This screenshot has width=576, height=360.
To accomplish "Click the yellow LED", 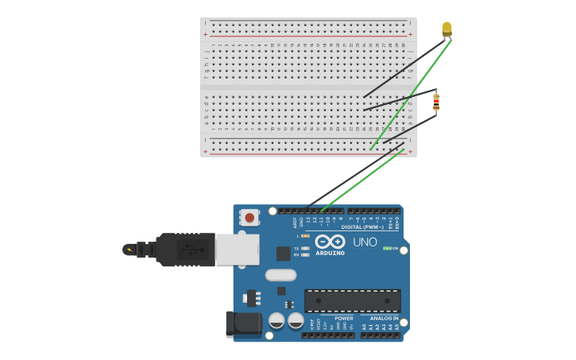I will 446,29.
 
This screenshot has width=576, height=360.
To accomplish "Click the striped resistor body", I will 436,103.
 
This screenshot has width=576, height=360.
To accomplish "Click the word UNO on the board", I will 365,242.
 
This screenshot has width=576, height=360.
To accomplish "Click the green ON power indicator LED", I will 386,248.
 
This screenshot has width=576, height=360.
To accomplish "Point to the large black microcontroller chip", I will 352,300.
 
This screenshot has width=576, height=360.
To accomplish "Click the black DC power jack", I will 243,323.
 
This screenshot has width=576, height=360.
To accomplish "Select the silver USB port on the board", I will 238,249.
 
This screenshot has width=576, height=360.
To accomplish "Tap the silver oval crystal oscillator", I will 280,275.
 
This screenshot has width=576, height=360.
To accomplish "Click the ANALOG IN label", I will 384,318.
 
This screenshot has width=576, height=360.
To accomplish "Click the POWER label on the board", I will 343,318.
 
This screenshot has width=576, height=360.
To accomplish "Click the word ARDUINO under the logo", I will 330,254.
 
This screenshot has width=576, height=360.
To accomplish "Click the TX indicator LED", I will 305,248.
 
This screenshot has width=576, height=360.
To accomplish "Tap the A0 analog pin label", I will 365,327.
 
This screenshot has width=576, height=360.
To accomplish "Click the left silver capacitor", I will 276,320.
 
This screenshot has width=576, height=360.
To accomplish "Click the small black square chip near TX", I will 283,254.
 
